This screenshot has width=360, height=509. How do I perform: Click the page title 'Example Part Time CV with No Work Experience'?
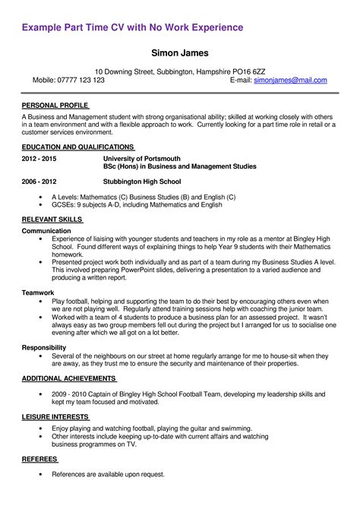(x=132, y=28)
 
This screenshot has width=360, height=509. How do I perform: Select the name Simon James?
(x=180, y=54)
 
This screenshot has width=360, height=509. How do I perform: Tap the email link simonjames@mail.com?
(x=290, y=80)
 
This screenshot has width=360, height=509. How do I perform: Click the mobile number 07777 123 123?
(x=79, y=80)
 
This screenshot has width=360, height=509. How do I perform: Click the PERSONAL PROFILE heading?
(x=55, y=105)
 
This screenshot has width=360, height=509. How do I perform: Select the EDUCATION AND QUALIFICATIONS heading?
(x=77, y=146)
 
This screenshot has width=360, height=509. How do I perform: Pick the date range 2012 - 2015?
(x=39, y=159)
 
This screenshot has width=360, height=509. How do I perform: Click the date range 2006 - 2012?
(x=39, y=182)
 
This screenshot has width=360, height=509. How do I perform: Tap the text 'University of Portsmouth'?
(x=141, y=159)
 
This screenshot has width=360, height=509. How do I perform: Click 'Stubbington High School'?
(x=142, y=182)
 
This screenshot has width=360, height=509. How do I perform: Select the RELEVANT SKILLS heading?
(x=52, y=220)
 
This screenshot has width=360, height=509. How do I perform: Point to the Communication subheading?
(x=46, y=230)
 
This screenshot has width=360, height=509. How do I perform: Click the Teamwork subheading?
(x=38, y=292)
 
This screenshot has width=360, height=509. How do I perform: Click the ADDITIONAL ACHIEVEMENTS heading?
(x=68, y=378)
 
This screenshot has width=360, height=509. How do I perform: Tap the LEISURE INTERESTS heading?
(x=55, y=418)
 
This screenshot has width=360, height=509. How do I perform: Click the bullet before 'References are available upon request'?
(x=40, y=474)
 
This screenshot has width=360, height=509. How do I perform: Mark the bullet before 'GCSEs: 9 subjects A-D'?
(x=40, y=204)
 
